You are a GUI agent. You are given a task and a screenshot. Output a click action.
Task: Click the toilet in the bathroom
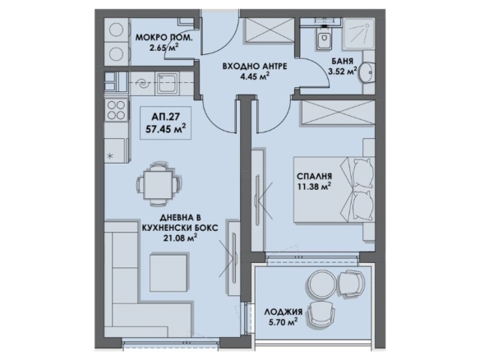324,38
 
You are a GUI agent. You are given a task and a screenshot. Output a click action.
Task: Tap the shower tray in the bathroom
358,34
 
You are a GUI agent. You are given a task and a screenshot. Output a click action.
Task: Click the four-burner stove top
117,110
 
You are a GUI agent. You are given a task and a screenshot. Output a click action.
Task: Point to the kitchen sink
167,83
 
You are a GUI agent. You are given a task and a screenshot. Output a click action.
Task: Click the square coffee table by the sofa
168,272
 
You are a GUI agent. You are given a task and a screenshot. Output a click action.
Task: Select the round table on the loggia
321,284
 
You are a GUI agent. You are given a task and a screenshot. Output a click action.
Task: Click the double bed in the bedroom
334,190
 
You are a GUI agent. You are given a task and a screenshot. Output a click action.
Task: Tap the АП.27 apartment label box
165,123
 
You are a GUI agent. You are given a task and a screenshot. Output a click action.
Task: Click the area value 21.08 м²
180,238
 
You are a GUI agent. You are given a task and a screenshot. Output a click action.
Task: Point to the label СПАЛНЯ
315,177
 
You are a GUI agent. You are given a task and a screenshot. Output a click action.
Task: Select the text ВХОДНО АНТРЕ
255,66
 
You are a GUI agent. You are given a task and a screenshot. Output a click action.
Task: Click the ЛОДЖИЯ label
284,312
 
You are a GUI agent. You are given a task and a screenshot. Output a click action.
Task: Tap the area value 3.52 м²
343,72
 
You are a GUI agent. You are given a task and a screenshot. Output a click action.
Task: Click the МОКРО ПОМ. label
164,38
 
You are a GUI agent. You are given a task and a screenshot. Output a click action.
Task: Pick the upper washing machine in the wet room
117,30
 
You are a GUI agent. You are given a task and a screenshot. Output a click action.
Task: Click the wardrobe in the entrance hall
269,30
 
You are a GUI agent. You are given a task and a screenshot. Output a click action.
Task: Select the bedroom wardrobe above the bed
339,112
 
